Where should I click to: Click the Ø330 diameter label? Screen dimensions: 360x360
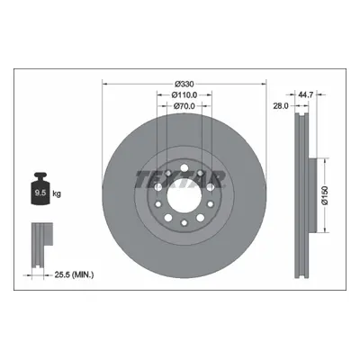coord(184,84)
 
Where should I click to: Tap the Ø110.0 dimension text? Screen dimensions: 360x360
coord(184,94)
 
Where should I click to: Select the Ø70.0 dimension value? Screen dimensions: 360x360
coord(184,105)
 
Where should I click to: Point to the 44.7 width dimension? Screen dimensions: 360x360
coord(306,94)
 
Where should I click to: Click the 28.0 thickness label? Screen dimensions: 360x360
coord(281,105)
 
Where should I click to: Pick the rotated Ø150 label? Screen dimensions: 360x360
coord(325,195)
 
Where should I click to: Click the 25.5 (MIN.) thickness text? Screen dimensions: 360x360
coord(74,274)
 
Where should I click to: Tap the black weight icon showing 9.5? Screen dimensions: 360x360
coord(40,189)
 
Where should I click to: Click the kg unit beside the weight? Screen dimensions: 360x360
coord(57,193)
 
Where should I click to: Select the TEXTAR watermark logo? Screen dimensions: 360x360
coord(180,179)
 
